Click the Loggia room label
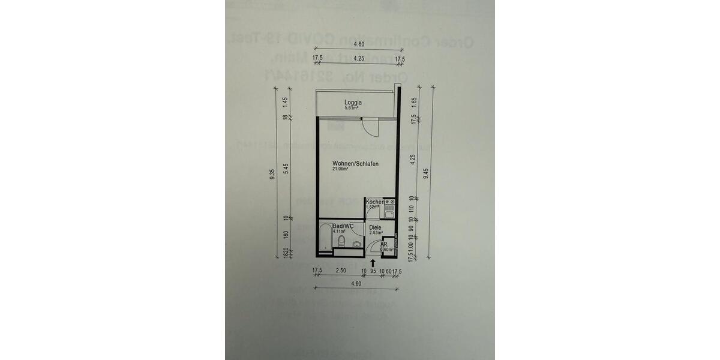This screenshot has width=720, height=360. (353, 103)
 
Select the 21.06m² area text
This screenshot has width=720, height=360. (340, 169)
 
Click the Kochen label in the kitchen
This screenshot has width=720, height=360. (374, 202)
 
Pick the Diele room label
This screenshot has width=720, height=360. (376, 227)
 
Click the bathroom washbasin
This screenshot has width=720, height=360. (356, 244)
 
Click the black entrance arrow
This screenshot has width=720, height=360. (373, 262)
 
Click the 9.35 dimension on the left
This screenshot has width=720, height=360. (272, 175)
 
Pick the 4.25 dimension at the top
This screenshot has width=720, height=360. (359, 59)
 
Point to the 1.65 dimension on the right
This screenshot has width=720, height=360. (413, 101)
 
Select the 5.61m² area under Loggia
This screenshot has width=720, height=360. (352, 109)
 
